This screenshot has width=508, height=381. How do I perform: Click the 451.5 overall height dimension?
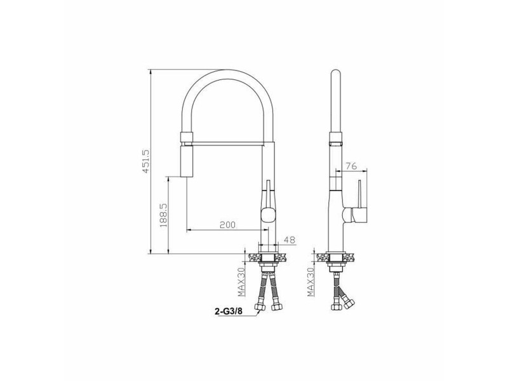145,161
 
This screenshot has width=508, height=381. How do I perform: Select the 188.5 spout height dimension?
163,215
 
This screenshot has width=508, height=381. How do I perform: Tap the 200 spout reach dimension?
227,225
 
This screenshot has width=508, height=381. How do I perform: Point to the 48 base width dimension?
290,240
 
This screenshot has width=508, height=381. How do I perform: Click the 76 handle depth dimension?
351,166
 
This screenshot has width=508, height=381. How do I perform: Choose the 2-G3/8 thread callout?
229,311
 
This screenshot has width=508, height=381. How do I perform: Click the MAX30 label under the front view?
241,282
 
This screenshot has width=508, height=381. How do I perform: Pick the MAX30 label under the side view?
311,282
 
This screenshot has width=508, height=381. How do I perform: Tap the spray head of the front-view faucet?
186,161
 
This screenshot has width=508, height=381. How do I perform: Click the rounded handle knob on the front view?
268,215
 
